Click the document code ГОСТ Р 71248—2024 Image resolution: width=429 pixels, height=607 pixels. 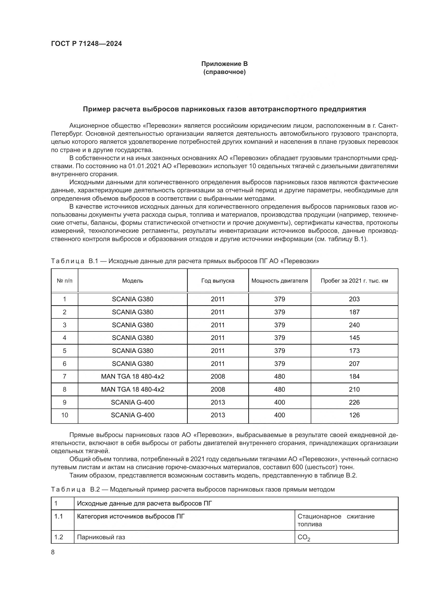(x=86, y=44)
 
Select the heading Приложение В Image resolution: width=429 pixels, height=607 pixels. (x=224, y=64)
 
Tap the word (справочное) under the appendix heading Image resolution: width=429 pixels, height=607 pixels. (x=224, y=72)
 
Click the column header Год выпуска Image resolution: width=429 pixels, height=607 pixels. (x=218, y=281)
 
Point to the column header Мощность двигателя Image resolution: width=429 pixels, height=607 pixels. (x=280, y=281)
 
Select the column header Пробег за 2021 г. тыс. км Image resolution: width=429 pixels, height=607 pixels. (x=354, y=281)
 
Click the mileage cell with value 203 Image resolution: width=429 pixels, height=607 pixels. (x=354, y=299)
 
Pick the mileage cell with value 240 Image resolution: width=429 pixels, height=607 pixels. (x=354, y=325)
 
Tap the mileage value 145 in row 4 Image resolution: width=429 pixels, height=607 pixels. (x=354, y=338)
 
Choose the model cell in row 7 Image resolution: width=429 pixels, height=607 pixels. (x=133, y=376)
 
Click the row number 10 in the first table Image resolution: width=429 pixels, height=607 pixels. (x=65, y=415)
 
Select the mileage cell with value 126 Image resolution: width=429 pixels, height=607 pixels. (x=354, y=415)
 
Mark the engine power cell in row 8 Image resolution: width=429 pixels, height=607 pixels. (x=280, y=390)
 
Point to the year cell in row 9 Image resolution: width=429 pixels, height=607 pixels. (x=218, y=403)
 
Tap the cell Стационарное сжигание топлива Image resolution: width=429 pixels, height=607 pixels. (x=336, y=520)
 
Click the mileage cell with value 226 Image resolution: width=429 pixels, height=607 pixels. (x=354, y=403)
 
